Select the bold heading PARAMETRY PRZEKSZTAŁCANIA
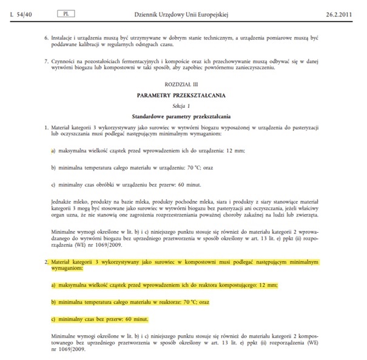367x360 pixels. (182, 95)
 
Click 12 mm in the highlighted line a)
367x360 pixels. (269, 285)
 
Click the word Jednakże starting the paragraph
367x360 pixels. (63, 199)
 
